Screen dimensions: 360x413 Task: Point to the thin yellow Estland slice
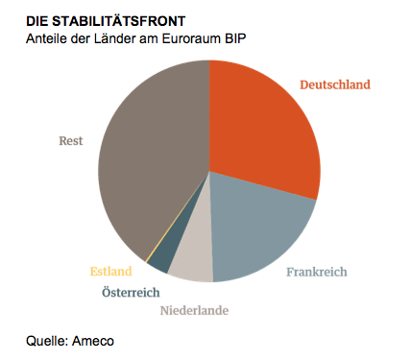click(146, 260)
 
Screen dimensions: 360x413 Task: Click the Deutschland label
click(334, 84)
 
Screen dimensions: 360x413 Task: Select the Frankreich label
click(317, 272)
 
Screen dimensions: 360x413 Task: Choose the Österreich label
click(131, 292)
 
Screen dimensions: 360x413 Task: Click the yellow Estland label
click(110, 271)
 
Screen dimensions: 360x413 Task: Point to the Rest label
click(70, 140)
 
